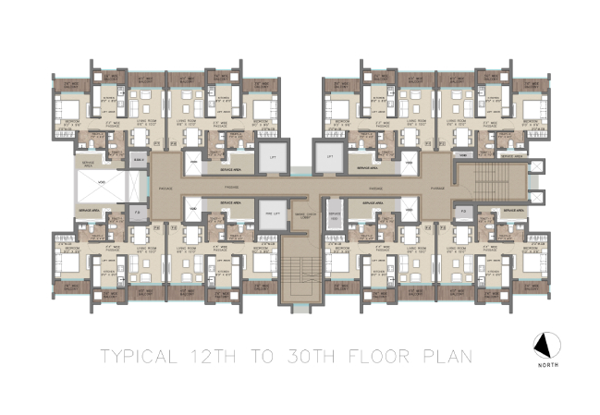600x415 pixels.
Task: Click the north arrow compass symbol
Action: [x=545, y=346]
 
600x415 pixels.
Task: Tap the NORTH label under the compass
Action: [x=546, y=364]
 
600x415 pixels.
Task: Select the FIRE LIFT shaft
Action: [x=271, y=213]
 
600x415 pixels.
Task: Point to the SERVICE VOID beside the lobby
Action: [x=334, y=218]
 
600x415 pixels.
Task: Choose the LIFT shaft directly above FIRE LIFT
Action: [x=271, y=157]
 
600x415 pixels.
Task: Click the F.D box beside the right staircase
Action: [x=463, y=212]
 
